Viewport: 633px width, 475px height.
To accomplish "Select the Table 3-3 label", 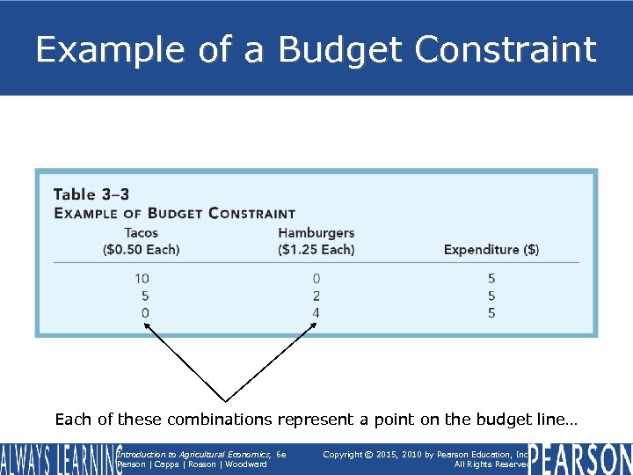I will tap(91, 194).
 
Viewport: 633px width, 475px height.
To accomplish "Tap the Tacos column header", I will tap(142, 233).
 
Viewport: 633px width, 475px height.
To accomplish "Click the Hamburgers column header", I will tap(316, 233).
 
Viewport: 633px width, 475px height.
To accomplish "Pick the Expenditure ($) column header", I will tap(491, 250).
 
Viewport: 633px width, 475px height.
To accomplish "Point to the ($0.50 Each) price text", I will tap(142, 250).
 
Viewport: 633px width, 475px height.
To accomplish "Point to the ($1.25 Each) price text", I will tap(316, 250).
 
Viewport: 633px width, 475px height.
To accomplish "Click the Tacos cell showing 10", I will tap(142, 279).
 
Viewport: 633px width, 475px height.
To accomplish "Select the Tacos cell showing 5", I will tap(144, 296).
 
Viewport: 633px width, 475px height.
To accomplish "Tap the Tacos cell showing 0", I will tap(144, 313).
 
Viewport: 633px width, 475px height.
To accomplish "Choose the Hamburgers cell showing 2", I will tap(316, 296).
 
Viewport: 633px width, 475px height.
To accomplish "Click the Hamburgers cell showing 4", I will tap(316, 313).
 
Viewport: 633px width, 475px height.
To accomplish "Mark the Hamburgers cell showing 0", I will tap(316, 279).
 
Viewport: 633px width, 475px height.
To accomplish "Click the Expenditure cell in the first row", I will tap(491, 279).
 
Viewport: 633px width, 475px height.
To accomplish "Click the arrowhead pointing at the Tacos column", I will tap(147, 325).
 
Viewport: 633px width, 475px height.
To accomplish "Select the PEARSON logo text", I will tap(579, 459).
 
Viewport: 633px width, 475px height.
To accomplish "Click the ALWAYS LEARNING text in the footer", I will tap(60, 459).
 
